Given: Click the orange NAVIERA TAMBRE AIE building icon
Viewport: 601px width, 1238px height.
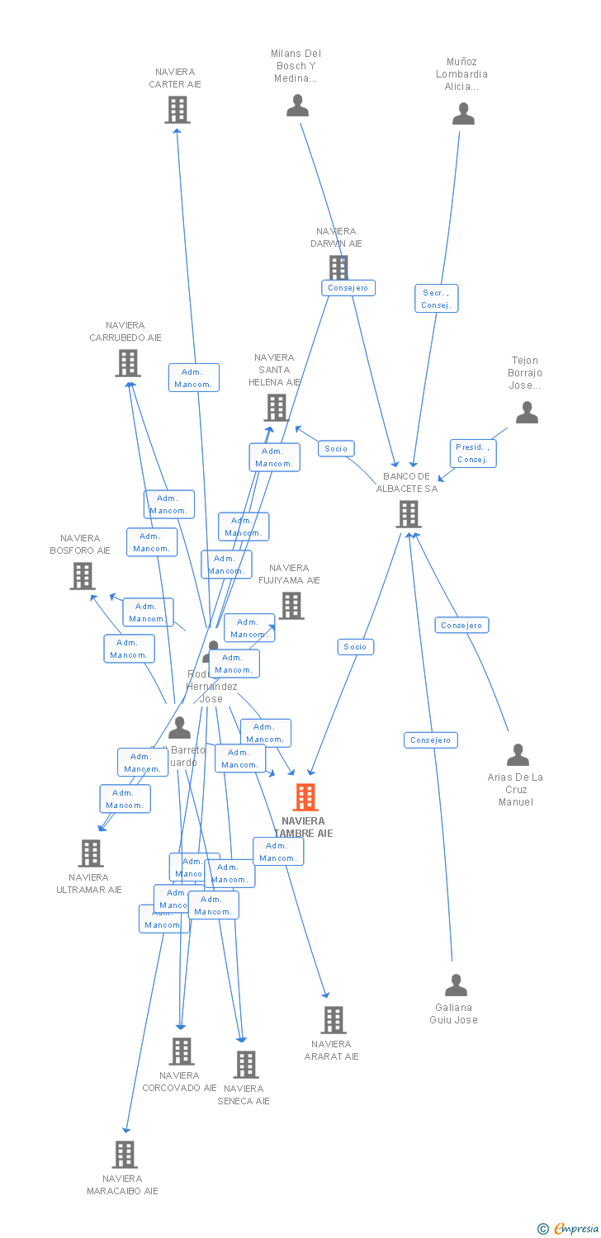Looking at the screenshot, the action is pyautogui.click(x=305, y=797).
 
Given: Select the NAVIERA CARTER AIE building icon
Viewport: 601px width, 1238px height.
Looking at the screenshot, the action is pyautogui.click(x=177, y=110).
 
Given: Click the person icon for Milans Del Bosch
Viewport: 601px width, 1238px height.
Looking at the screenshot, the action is pyautogui.click(x=297, y=106).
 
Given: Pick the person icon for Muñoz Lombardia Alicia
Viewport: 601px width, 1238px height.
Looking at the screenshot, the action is pyautogui.click(x=463, y=114).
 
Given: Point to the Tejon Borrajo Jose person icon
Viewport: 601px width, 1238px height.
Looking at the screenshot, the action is pyautogui.click(x=527, y=413).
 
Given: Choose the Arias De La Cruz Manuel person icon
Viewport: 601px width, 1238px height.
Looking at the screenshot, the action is pyautogui.click(x=518, y=754).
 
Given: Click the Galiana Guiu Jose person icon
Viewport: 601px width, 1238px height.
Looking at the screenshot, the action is pyautogui.click(x=456, y=985).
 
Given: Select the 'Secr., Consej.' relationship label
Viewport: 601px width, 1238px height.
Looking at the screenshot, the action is pyautogui.click(x=436, y=299).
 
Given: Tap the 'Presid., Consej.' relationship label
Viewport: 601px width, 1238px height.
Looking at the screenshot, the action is pyautogui.click(x=473, y=453).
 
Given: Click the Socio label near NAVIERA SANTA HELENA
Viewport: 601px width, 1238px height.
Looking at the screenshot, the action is pyautogui.click(x=336, y=448).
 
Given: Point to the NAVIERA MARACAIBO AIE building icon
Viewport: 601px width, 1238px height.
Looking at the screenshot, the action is pyautogui.click(x=124, y=1154).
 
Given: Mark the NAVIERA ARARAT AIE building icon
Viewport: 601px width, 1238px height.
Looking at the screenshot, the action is pyautogui.click(x=334, y=1020).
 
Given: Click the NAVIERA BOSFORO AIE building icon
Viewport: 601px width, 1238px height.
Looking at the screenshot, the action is pyautogui.click(x=82, y=576).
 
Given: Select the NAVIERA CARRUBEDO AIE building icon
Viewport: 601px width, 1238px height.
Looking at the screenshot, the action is pyautogui.click(x=127, y=363).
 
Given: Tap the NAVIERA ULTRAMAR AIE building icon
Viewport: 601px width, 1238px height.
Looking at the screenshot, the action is pyautogui.click(x=90, y=853).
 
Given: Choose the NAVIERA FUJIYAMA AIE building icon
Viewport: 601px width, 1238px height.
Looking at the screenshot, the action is pyautogui.click(x=291, y=606).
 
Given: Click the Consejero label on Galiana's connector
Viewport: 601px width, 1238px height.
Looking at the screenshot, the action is pyautogui.click(x=430, y=740).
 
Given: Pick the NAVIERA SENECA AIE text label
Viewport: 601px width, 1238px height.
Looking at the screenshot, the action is pyautogui.click(x=244, y=1094).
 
